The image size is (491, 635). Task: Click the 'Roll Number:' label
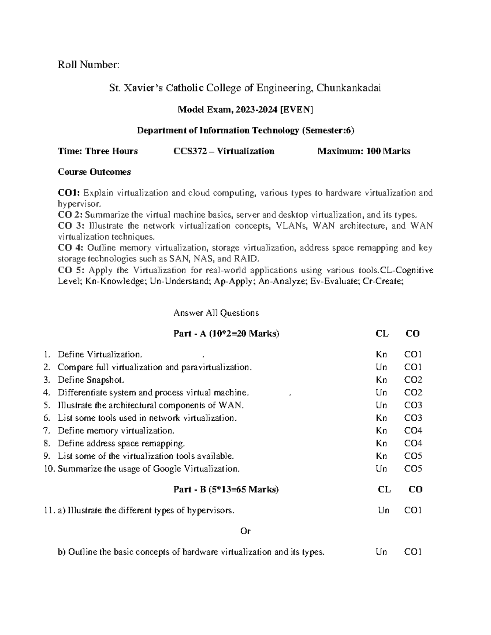point(89,65)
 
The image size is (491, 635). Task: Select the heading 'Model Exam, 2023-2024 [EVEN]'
point(245,109)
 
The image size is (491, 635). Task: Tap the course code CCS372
point(191,151)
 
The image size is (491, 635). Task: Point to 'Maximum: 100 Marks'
point(364,151)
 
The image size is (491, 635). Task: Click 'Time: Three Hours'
point(98,151)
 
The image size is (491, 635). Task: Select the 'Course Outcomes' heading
point(94,172)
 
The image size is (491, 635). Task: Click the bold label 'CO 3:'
point(71,226)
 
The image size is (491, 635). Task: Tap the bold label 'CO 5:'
point(71,270)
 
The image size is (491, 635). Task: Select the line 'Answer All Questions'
point(216,313)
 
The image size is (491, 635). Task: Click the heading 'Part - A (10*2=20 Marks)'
point(226,334)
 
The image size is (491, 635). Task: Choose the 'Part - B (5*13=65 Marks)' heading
point(226,489)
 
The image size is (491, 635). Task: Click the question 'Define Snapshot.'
point(91,380)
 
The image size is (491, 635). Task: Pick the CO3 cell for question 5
point(413,405)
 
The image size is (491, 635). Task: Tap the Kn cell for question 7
point(381,431)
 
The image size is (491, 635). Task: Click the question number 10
point(49,469)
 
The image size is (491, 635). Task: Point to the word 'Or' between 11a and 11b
point(245,531)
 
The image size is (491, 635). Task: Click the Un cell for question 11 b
point(381,552)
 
